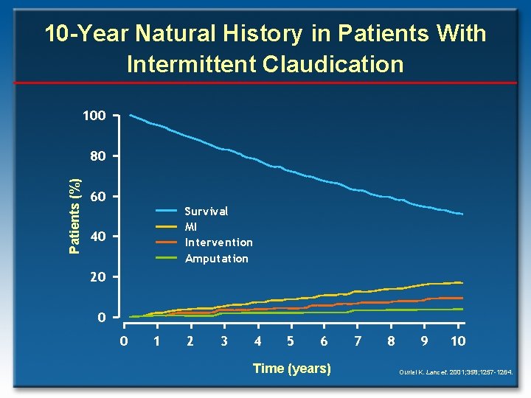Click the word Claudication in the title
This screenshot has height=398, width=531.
[327, 64]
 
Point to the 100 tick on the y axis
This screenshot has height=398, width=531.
[94, 116]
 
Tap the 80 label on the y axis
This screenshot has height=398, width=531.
[97, 156]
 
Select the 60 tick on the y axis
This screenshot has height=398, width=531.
[97, 197]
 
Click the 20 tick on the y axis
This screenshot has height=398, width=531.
[97, 277]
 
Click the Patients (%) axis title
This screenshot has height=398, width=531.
[74, 214]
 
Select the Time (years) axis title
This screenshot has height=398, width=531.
[291, 369]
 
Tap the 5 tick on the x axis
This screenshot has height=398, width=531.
[291, 341]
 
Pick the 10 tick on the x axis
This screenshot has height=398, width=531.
[457, 341]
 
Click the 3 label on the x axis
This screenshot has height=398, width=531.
[223, 341]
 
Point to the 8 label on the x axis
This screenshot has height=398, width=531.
[391, 341]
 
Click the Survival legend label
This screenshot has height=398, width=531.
[206, 211]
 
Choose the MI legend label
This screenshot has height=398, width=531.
[191, 226]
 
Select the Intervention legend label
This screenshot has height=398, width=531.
[218, 242]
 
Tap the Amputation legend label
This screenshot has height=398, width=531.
[216, 259]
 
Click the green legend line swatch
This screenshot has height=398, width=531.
[166, 258]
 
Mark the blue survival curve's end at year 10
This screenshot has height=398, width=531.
[462, 214]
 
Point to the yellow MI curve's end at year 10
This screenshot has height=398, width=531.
[462, 282]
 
